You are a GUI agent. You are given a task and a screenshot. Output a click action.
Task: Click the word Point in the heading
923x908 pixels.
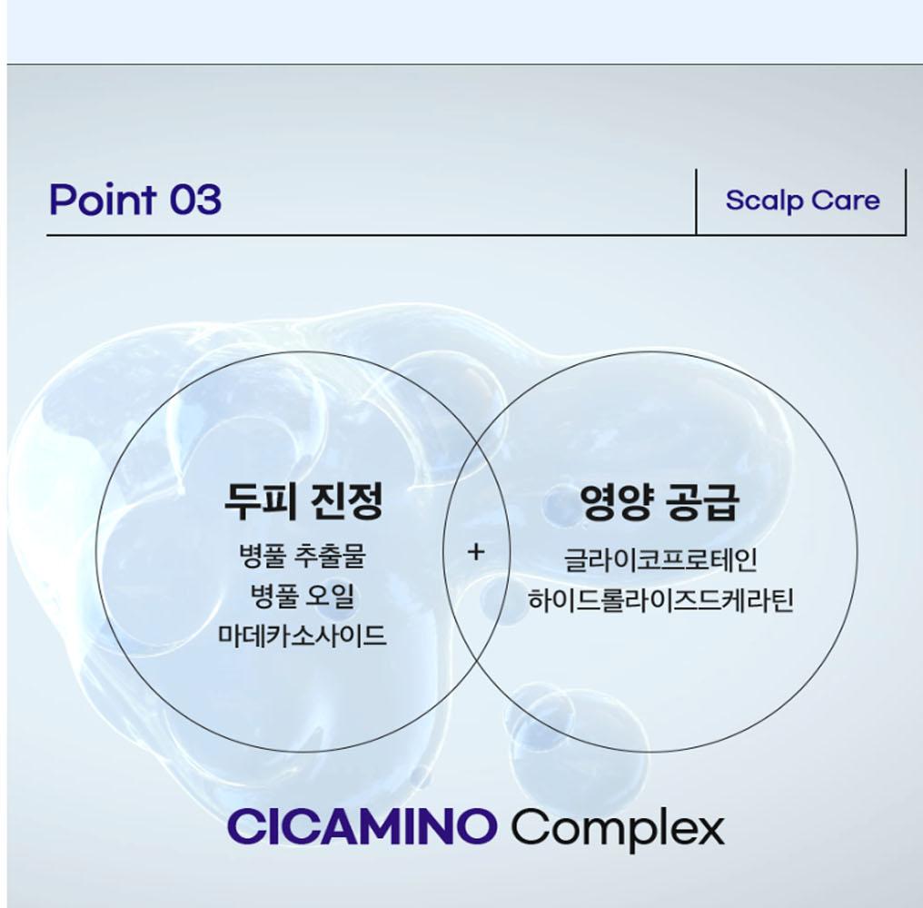pos(103,199)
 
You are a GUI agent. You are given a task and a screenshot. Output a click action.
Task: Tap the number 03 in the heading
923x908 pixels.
pos(195,199)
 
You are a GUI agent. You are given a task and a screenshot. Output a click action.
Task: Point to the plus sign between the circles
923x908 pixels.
pos(476,551)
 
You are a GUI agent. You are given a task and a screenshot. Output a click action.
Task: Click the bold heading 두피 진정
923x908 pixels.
pos(303,501)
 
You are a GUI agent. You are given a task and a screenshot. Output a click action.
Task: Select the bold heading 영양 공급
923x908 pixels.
pos(660,502)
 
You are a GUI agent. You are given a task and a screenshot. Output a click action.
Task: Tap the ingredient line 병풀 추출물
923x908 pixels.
pos(303,556)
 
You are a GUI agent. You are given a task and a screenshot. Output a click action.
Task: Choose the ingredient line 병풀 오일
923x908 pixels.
pos(303,597)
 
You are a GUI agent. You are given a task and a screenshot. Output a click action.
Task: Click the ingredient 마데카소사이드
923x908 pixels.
pos(303,636)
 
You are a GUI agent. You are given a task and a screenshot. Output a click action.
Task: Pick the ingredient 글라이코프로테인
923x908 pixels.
pos(660,559)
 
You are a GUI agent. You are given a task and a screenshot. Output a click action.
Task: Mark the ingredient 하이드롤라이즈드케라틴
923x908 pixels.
pos(660,600)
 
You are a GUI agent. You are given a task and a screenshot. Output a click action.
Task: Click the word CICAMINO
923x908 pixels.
pos(362,826)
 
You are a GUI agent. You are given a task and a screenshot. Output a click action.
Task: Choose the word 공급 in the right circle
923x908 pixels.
pos(702,502)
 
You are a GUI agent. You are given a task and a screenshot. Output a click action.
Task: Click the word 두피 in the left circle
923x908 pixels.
pos(261,501)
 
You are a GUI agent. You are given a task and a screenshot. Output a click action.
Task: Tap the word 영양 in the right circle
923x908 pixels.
pos(616,502)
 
